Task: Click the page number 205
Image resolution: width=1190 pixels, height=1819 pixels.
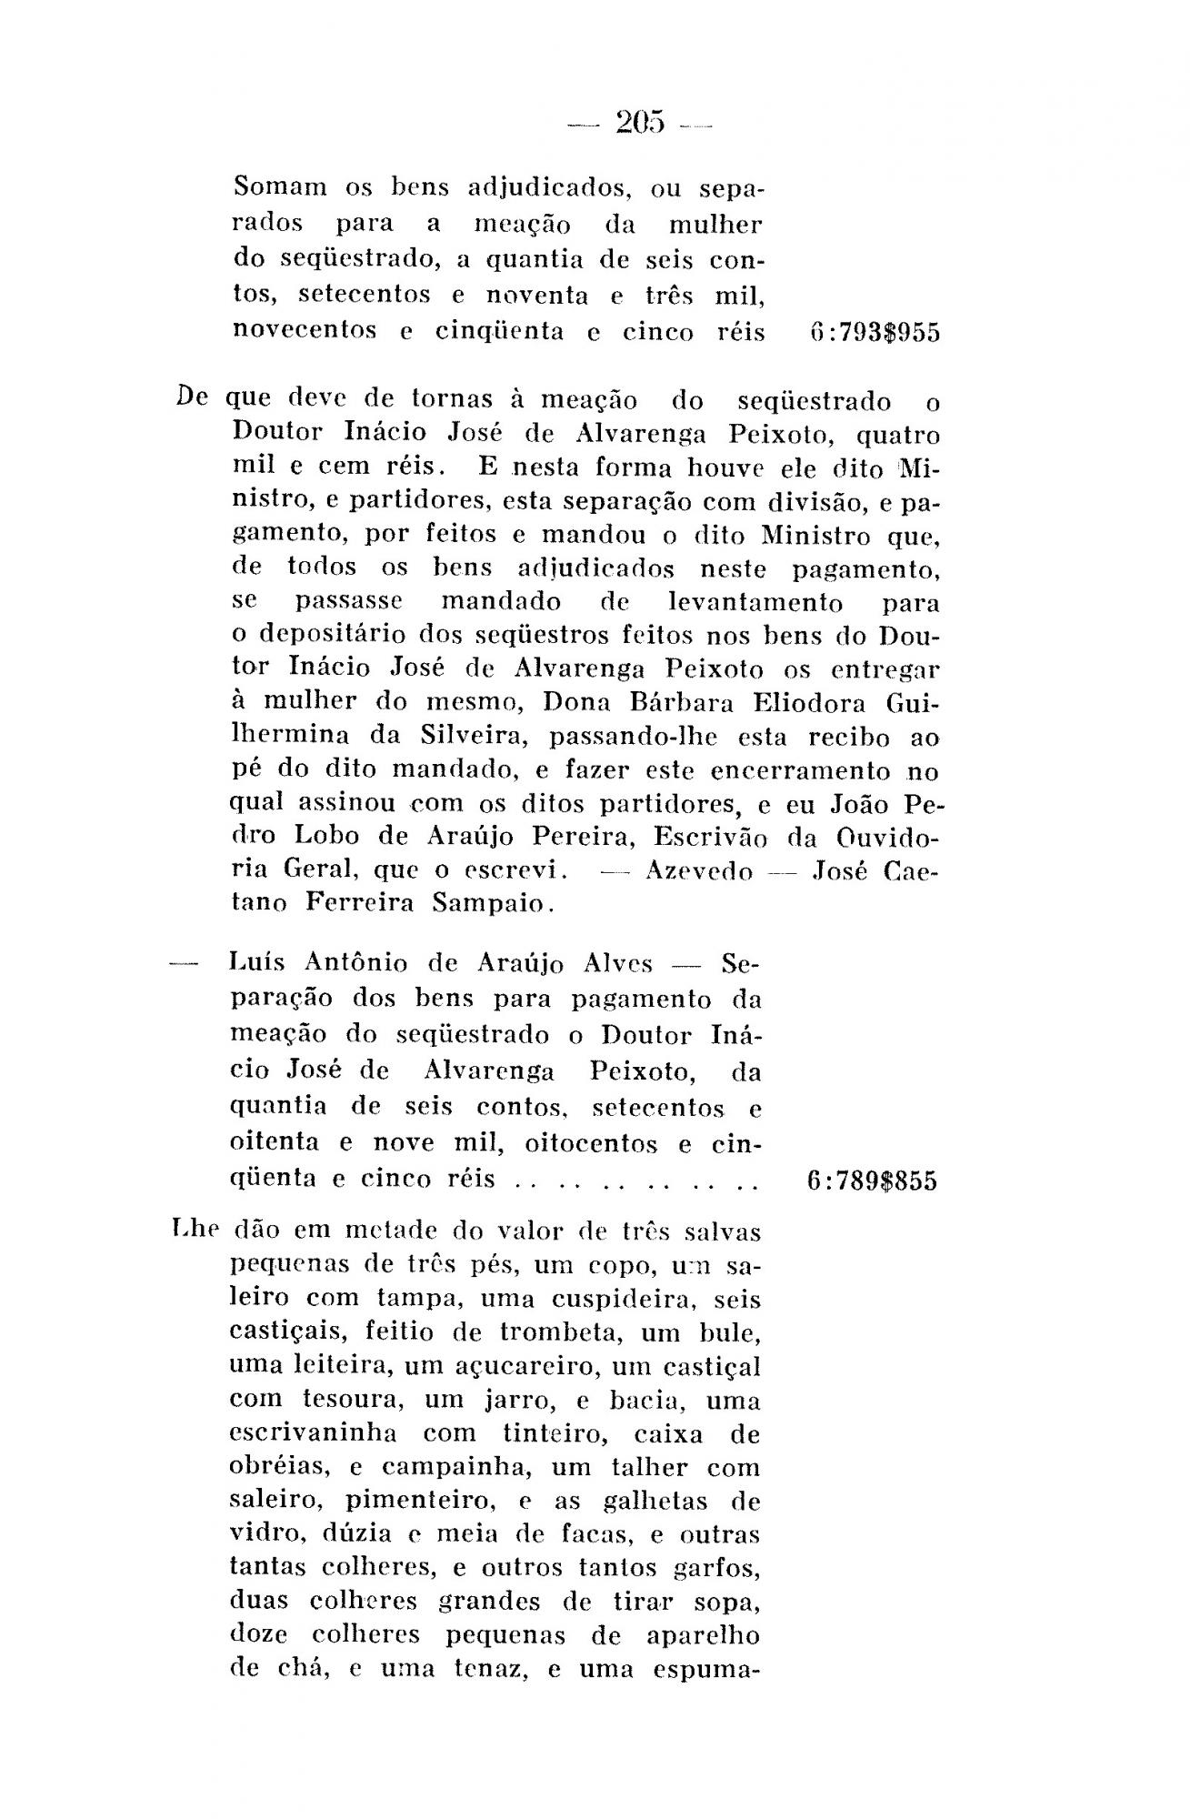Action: (640, 122)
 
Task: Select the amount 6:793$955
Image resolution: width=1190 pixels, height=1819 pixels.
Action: (873, 333)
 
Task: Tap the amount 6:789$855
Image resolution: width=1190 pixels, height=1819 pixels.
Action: (871, 1181)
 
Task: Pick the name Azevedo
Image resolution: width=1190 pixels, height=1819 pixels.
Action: (698, 871)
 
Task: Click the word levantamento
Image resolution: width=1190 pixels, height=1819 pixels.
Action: (755, 603)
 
